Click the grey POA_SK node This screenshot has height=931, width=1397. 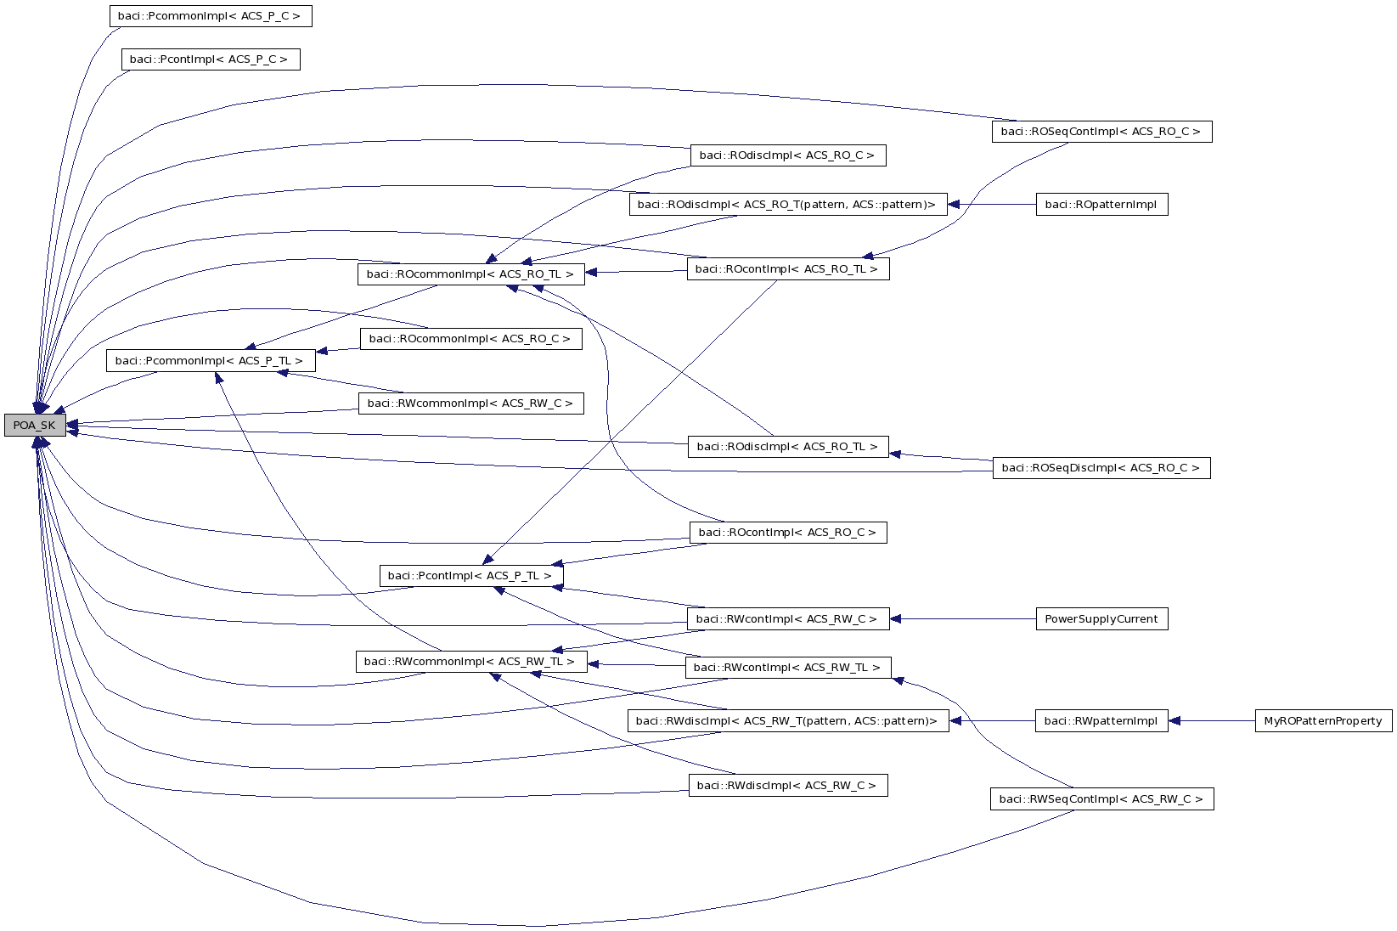35,426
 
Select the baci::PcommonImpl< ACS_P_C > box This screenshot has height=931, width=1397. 210,16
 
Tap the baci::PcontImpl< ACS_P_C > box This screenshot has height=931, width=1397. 211,59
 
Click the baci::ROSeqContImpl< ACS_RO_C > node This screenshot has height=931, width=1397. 1101,132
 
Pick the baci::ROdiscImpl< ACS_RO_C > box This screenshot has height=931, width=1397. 788,155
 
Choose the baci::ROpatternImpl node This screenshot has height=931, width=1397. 1101,205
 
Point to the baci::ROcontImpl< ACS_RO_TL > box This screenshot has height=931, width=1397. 787,269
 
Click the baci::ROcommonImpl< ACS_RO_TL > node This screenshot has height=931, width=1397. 470,274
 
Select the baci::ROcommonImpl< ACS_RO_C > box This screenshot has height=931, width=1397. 470,339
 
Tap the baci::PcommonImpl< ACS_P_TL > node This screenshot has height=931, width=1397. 210,361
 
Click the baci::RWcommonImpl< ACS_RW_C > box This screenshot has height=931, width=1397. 470,403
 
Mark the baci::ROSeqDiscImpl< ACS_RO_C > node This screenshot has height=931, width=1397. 1101,468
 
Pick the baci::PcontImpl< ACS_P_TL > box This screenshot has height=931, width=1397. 470,576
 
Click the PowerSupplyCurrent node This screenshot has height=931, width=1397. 1101,619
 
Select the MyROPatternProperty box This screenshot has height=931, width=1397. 1323,721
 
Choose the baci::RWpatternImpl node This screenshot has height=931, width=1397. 1101,721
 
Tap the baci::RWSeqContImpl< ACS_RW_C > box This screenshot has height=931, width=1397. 1101,799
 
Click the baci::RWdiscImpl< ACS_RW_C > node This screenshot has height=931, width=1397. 787,786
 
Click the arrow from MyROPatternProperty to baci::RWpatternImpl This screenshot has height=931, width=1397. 1212,721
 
